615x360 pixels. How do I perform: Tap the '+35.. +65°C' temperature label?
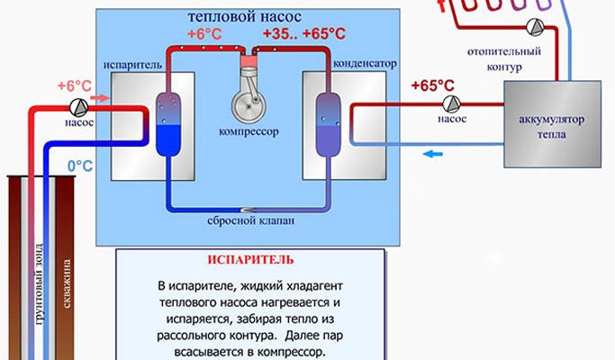[x=303, y=33]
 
